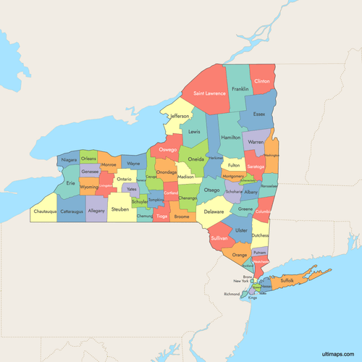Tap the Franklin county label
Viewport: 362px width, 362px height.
240,90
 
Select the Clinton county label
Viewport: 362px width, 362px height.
263,82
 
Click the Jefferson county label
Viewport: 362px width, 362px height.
180,116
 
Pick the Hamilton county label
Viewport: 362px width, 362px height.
231,137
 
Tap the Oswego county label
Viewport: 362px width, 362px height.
168,149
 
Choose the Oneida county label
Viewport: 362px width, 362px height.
195,159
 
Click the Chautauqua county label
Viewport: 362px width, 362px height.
45,212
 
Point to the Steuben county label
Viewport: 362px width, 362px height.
120,210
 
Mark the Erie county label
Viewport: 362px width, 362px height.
70,183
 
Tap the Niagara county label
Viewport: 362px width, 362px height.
70,159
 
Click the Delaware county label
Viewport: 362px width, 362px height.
214,212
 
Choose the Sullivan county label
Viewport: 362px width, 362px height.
219,237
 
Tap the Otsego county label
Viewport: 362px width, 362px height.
211,190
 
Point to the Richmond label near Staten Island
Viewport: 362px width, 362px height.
232,294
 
